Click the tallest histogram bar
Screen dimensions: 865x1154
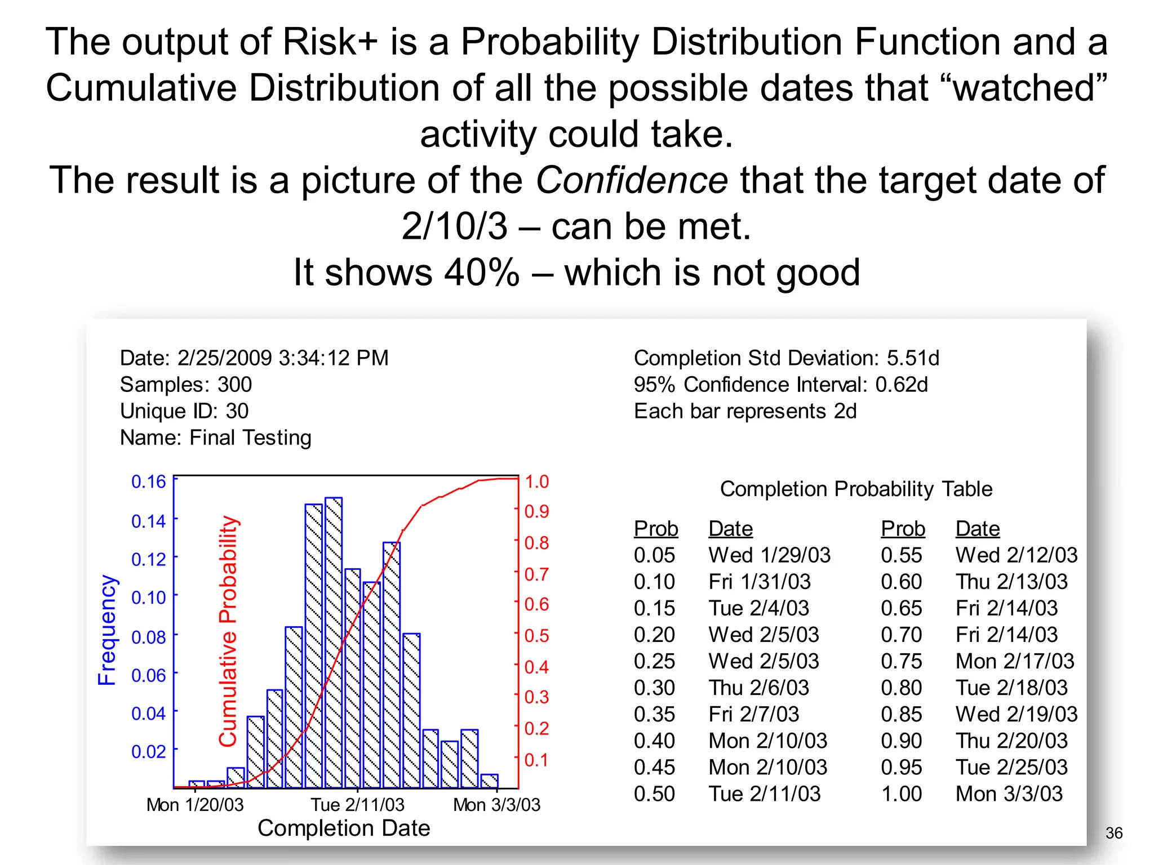334,642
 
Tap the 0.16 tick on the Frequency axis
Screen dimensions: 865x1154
148,481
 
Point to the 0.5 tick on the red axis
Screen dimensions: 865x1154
536,635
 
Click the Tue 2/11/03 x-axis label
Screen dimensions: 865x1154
357,805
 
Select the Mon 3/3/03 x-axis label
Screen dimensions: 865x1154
496,805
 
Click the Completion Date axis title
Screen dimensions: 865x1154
344,828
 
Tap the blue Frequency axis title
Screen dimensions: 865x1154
106,630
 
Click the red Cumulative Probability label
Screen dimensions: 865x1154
228,631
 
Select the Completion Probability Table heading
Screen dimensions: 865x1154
856,489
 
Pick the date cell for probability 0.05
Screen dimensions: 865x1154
769,555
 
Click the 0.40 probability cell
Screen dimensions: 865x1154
654,741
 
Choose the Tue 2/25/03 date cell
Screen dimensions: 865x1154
1011,767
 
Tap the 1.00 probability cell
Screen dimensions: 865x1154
901,793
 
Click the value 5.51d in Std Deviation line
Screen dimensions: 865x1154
913,358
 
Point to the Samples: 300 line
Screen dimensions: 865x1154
186,385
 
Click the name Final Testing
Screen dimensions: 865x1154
250,438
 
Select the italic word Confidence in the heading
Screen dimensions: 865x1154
631,180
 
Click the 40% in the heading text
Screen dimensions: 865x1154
482,273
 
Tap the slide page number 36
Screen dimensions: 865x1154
1113,833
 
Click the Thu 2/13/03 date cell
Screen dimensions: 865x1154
1011,582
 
